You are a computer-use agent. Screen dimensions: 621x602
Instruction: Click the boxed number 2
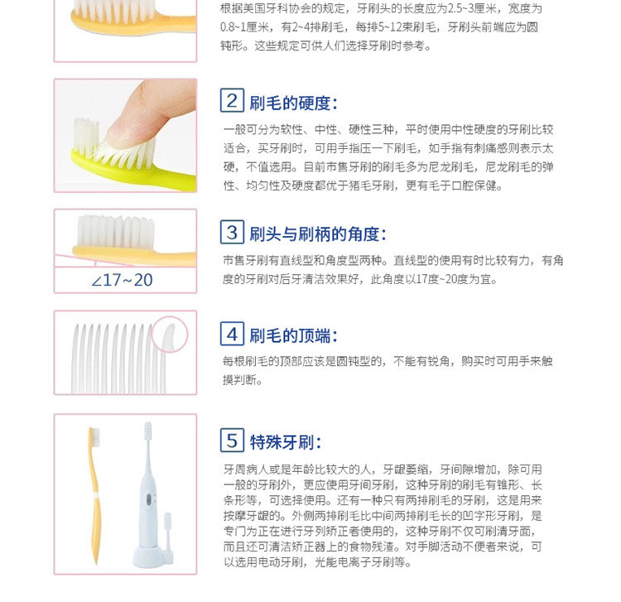tap(232, 100)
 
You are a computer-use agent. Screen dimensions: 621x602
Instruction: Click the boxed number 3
tap(232, 232)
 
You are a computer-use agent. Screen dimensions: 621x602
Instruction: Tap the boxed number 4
tap(232, 334)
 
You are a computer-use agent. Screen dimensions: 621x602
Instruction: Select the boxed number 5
tap(232, 440)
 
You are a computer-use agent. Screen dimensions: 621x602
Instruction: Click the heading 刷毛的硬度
tap(293, 104)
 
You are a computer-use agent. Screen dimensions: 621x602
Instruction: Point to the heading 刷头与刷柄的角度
tap(318, 234)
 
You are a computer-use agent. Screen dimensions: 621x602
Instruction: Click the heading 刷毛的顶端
tap(293, 336)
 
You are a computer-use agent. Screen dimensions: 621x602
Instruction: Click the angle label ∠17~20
tap(122, 281)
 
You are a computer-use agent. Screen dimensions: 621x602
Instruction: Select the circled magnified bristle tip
tap(170, 335)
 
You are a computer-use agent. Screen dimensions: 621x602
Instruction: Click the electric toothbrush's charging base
tap(148, 556)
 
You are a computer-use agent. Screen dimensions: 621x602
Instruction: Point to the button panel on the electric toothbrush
tap(149, 500)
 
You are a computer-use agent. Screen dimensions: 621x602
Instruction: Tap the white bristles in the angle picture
tap(116, 232)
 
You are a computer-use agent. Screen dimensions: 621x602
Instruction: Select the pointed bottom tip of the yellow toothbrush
tap(95, 562)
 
